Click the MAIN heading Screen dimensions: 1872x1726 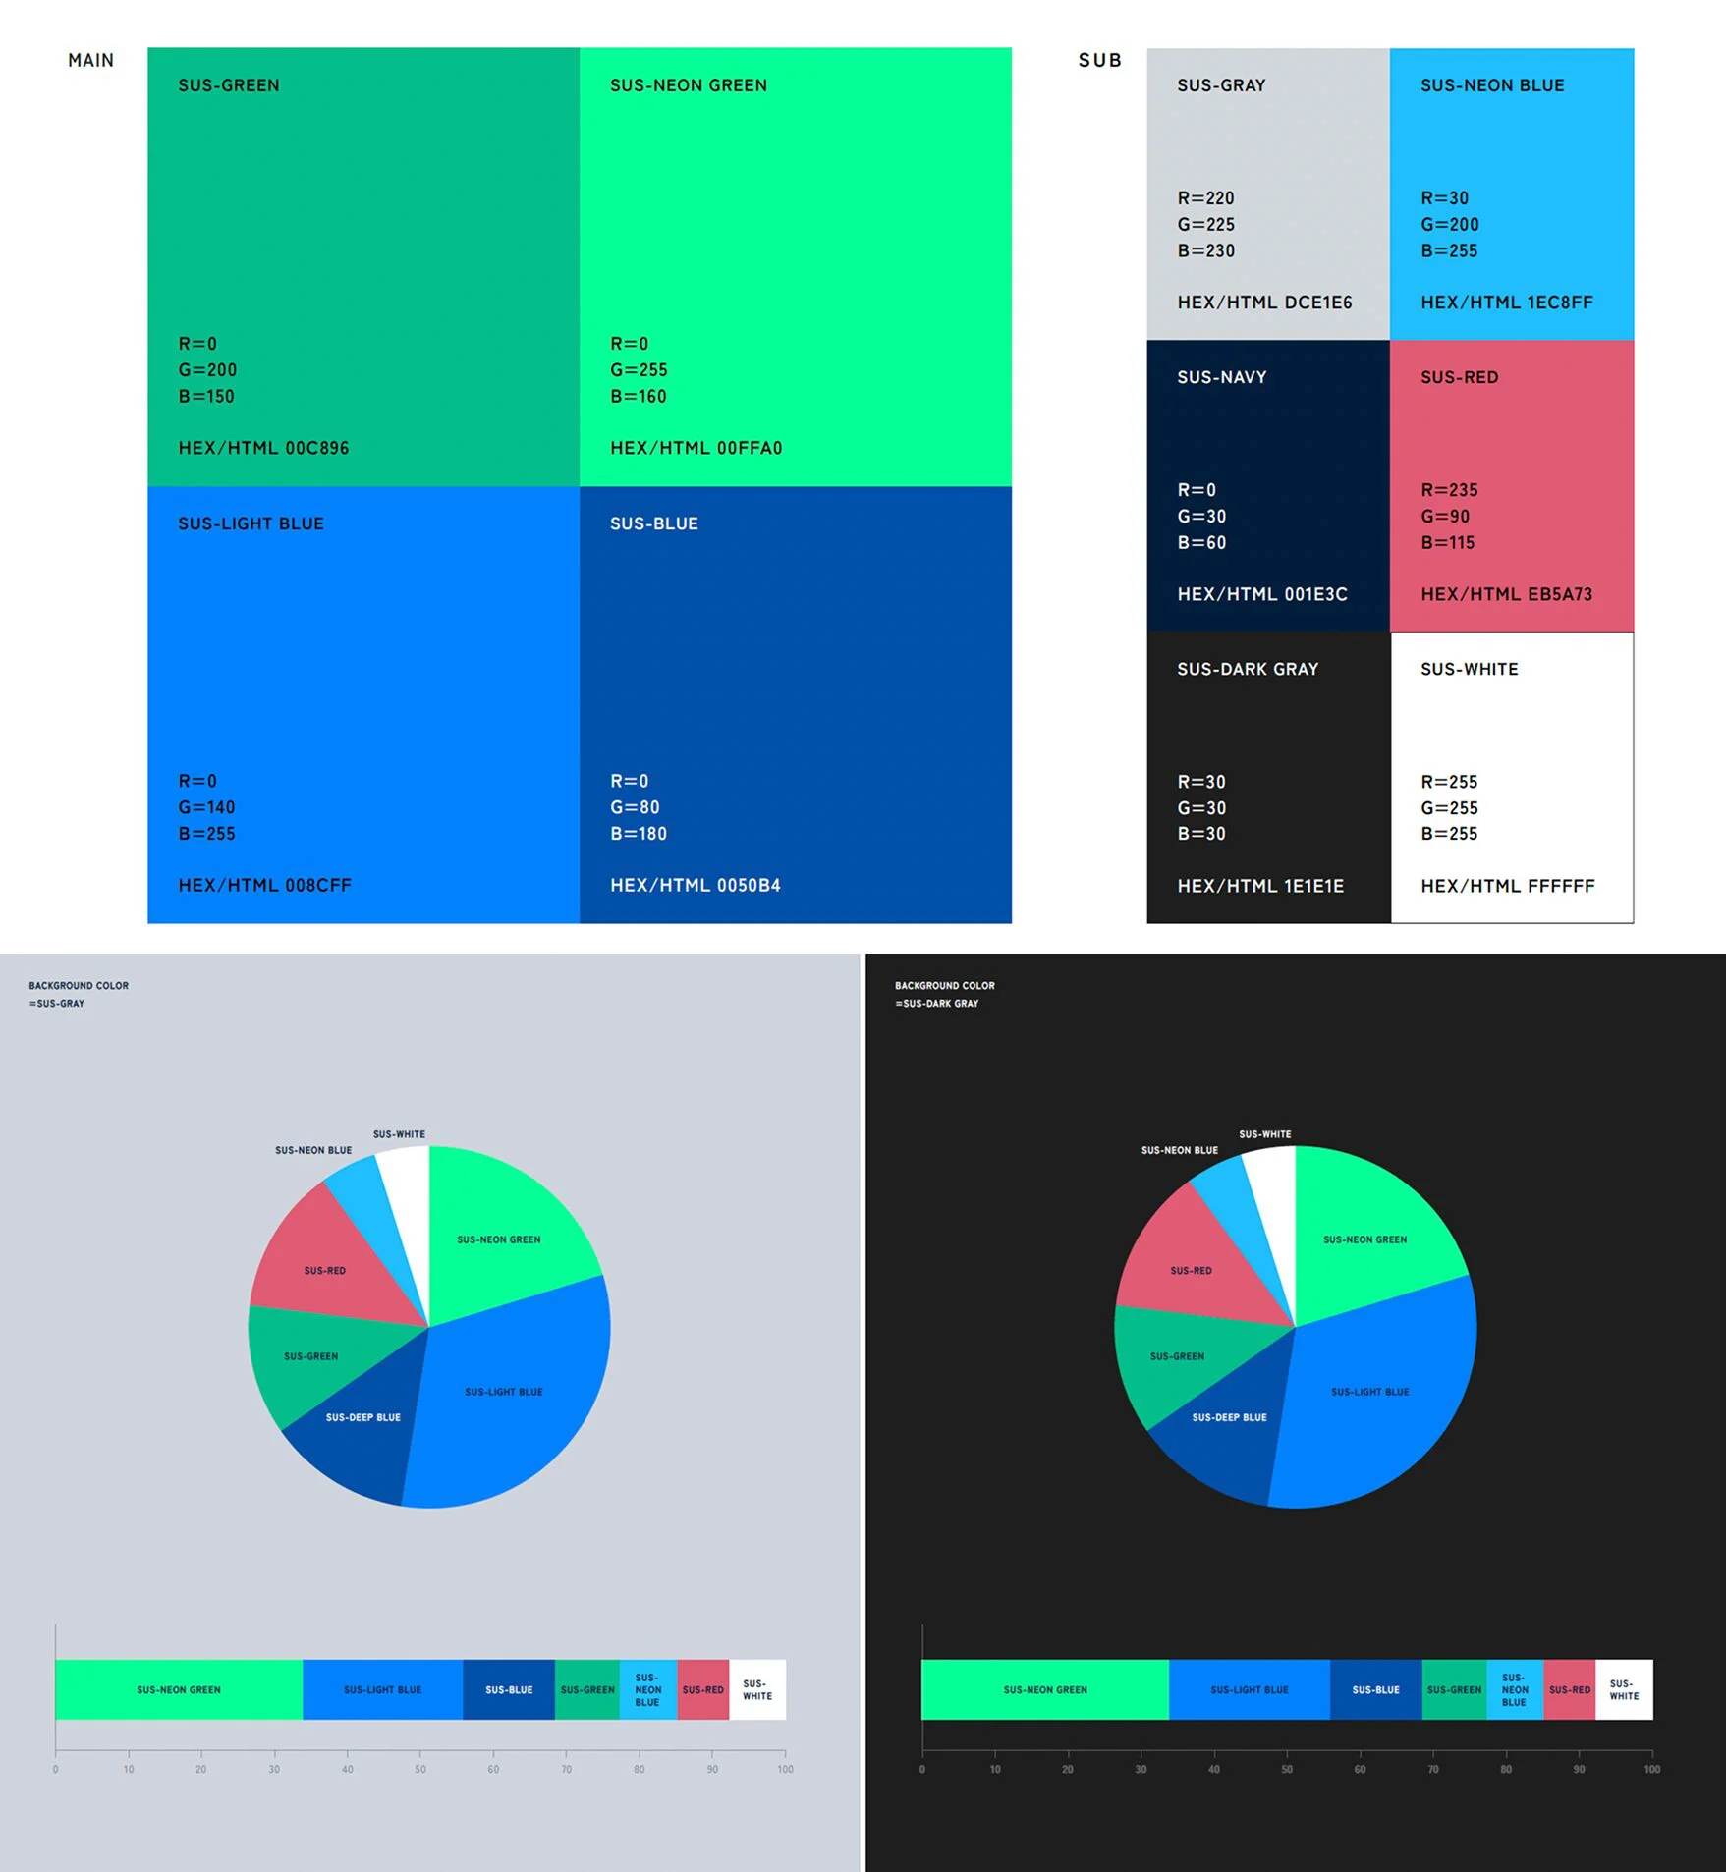[x=90, y=60]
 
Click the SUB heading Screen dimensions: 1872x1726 [x=1099, y=60]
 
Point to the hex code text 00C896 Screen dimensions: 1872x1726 [x=316, y=448]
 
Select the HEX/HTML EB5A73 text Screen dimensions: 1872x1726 [x=1506, y=594]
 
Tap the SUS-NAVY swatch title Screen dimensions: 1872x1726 [x=1221, y=377]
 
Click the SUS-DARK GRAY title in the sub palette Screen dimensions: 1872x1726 [x=1248, y=669]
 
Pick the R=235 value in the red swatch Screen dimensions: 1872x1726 [x=1449, y=490]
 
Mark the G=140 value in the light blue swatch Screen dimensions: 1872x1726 [x=206, y=807]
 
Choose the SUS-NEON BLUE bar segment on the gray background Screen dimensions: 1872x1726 [x=647, y=1689]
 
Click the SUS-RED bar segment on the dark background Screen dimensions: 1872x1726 [x=1569, y=1689]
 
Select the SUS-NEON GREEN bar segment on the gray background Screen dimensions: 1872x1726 [x=179, y=1689]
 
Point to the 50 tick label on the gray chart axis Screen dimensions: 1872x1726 [x=420, y=1769]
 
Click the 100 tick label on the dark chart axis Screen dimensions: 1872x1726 [x=1651, y=1769]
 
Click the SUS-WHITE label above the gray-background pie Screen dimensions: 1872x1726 [x=399, y=1134]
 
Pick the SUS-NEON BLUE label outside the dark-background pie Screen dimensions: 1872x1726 [x=1179, y=1150]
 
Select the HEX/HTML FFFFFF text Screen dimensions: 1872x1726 [x=1507, y=886]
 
